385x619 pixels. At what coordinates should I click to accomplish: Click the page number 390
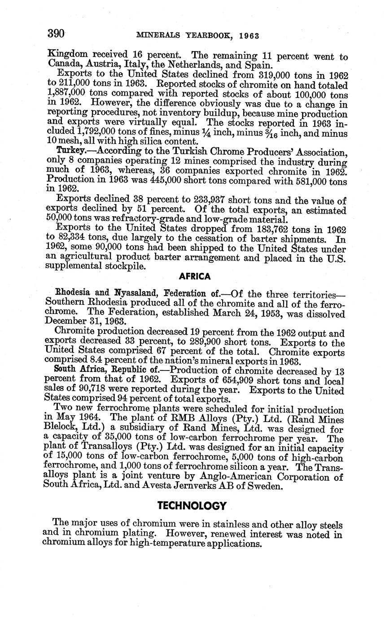tap(57, 34)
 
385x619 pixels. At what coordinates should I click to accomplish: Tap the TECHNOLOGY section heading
tap(192, 506)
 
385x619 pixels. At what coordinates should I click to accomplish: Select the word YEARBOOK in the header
tap(207, 35)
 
